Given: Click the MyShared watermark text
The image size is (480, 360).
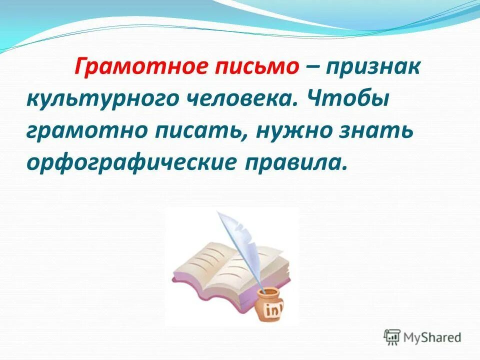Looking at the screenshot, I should click(x=432, y=337).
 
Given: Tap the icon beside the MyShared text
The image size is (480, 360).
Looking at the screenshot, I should click(x=392, y=336).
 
